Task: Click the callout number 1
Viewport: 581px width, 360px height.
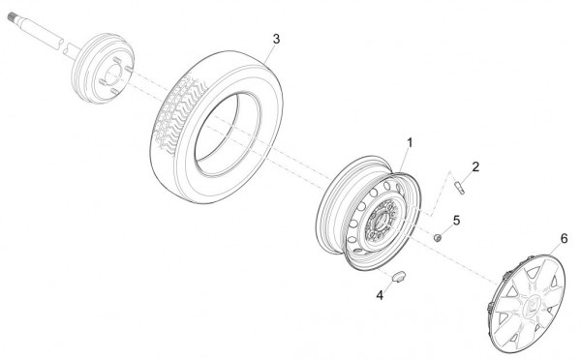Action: click(410, 143)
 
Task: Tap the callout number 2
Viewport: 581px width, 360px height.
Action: click(475, 166)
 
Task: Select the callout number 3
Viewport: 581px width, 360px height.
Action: click(276, 39)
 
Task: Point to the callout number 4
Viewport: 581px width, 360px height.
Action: click(380, 295)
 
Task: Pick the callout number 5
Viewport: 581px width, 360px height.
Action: click(456, 221)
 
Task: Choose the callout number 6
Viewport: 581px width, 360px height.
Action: click(564, 239)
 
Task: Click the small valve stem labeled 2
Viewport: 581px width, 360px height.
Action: click(459, 187)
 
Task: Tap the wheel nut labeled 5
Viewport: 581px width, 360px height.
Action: click(438, 237)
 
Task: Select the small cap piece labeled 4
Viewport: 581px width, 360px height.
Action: click(399, 277)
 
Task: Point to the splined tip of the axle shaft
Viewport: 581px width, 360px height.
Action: click(13, 15)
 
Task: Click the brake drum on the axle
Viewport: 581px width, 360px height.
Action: click(103, 68)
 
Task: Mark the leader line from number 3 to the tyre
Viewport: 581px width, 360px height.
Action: click(269, 53)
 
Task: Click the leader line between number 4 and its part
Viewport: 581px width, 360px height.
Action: click(388, 285)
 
